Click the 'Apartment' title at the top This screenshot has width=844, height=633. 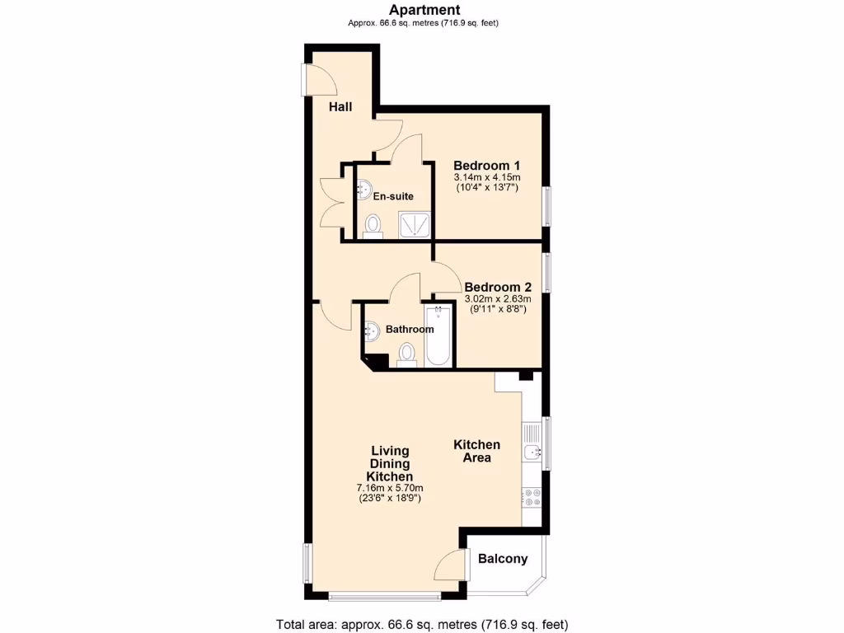pos(424,10)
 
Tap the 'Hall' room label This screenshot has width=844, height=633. pos(341,107)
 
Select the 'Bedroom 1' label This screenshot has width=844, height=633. pos(486,165)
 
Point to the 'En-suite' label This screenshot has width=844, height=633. pos(393,196)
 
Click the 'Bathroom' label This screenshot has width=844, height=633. pos(410,329)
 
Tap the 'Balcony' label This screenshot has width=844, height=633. pos(502,559)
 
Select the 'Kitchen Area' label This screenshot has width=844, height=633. pos(476,451)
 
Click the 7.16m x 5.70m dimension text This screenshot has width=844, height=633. pos(390,487)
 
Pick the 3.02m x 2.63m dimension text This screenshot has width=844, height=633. pos(497,298)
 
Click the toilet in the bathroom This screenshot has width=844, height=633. pos(406,354)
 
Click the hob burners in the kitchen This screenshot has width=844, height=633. pos(532,497)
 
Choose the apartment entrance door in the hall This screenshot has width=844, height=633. pos(318,80)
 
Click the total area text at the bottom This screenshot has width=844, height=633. pos(421,624)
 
